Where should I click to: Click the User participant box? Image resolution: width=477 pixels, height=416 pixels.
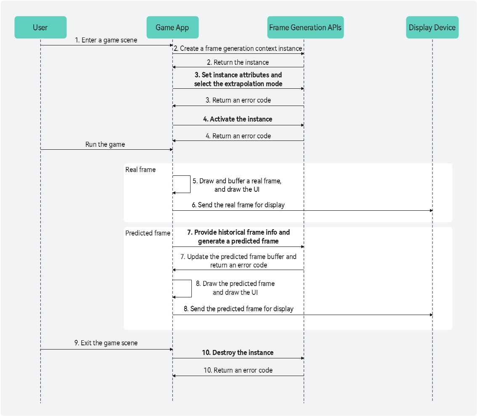(x=40, y=27)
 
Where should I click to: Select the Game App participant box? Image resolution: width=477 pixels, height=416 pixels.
(x=172, y=27)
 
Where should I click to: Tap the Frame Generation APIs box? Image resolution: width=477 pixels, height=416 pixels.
(x=305, y=27)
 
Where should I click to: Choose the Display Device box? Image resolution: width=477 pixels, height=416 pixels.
(x=432, y=27)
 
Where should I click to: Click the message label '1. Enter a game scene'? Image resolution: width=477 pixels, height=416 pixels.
(x=106, y=40)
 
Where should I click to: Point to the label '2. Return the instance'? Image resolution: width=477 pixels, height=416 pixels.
(x=238, y=62)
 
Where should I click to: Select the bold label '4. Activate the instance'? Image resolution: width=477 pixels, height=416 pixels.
(x=238, y=119)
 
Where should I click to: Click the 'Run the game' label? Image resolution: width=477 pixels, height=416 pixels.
(x=105, y=144)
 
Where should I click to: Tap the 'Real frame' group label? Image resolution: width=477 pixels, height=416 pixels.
(x=140, y=170)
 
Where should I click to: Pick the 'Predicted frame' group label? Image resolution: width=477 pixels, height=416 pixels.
(x=148, y=233)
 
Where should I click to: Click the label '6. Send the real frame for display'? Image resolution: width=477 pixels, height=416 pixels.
(x=238, y=205)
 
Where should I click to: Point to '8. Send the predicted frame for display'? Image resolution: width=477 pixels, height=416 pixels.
(x=238, y=309)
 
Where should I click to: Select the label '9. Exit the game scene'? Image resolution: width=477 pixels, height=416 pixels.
(x=106, y=343)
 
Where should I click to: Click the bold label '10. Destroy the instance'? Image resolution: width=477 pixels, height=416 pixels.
(x=238, y=353)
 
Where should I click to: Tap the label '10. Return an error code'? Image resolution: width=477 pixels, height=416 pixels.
(x=238, y=371)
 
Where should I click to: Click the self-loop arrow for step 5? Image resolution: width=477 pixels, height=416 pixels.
(x=191, y=184)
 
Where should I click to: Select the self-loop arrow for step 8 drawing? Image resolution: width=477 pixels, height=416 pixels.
(x=192, y=289)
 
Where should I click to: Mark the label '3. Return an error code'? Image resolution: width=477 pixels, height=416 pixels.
(x=238, y=101)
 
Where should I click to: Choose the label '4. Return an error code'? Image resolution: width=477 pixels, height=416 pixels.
(x=238, y=136)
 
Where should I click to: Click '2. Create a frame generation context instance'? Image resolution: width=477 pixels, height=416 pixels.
(x=238, y=49)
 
